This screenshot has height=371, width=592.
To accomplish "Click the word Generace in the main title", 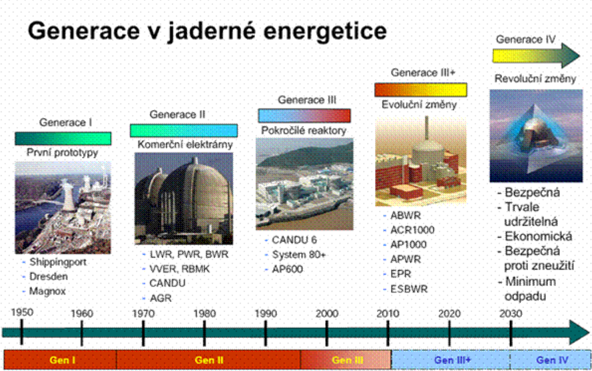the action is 84,30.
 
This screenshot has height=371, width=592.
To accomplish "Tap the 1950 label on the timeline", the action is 22,312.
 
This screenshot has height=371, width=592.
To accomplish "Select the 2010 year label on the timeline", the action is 388,313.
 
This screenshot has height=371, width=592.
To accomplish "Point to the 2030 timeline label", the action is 511,313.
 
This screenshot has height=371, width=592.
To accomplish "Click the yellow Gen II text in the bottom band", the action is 209,360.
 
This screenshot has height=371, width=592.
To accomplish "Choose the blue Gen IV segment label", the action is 552,360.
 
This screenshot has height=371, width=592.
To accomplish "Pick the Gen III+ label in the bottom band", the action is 453,360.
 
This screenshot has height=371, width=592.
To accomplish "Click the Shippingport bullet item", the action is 57,262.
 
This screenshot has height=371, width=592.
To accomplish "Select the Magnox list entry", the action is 48,291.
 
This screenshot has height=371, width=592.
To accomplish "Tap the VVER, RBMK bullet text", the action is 179,269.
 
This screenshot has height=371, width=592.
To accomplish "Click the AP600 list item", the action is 287,270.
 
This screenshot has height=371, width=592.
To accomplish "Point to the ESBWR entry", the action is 409,289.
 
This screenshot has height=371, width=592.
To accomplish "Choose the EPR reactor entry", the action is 401,274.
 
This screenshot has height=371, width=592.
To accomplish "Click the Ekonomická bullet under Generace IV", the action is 538,237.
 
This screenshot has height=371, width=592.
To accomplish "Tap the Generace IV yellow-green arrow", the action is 536,55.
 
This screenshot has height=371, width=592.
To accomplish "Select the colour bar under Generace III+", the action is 421,90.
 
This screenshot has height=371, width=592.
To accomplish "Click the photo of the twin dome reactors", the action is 184,198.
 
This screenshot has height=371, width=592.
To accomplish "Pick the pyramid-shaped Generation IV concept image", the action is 536,136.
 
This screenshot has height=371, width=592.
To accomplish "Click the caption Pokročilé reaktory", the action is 304,131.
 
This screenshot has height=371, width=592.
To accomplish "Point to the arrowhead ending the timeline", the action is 579,332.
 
